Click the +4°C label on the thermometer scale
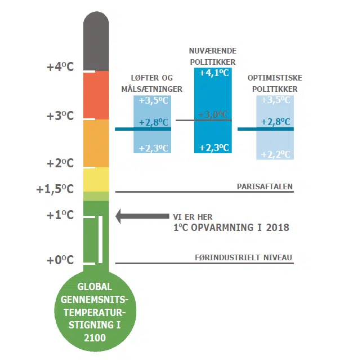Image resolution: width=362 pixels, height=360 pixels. coord(60,67)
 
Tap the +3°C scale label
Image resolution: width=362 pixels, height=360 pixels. coord(60,115)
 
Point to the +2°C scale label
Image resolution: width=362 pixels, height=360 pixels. coord(60,163)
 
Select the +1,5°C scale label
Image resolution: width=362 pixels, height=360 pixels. coord(55,189)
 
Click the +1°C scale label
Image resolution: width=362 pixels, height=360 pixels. coord(60,215)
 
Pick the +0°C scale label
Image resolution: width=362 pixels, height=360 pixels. coord(60,260)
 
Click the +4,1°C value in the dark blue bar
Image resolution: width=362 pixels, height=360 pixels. coord(214,73)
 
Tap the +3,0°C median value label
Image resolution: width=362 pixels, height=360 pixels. coord(213,114)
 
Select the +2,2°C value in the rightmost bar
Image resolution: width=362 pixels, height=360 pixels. coord(275,154)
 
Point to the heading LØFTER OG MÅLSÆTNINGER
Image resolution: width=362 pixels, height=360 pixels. coord(152,83)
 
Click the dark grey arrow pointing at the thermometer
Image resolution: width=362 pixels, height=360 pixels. coord(141,216)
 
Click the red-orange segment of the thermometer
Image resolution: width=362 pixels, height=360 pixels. coord(96,96)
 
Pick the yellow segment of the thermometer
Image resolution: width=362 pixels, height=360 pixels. coord(96,180)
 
